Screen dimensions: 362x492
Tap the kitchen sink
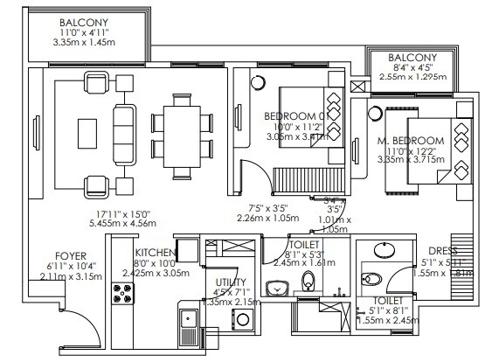click(x=187, y=327)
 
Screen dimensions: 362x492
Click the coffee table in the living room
click(x=87, y=133)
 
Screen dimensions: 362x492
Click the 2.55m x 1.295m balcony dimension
click(x=411, y=77)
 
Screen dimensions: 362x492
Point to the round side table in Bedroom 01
click(x=259, y=83)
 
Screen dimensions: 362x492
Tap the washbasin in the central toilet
click(x=278, y=286)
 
